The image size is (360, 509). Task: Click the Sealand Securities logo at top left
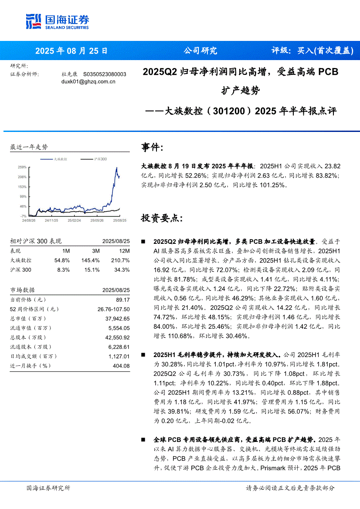[x=58, y=21]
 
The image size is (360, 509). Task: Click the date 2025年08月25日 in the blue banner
[x=71, y=51]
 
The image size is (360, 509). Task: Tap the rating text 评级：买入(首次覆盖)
[x=312, y=51]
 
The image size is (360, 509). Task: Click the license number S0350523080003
[x=105, y=74]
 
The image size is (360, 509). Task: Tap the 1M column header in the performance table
[x=66, y=251]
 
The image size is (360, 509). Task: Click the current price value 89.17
[x=123, y=300]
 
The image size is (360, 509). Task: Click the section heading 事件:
[x=152, y=147]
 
